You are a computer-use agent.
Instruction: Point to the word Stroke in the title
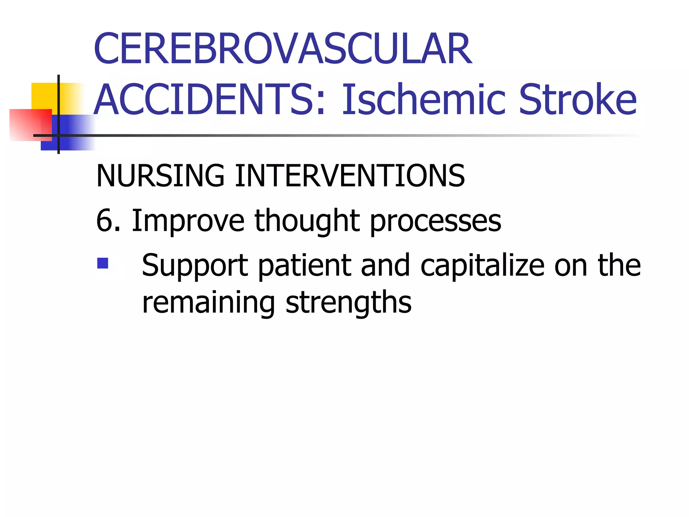pos(577,100)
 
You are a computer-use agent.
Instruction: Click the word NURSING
pos(160,175)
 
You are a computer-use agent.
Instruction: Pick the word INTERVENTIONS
pos(350,175)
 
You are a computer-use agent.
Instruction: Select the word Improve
pos(188,221)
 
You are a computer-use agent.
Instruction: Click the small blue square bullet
pos(103,263)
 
